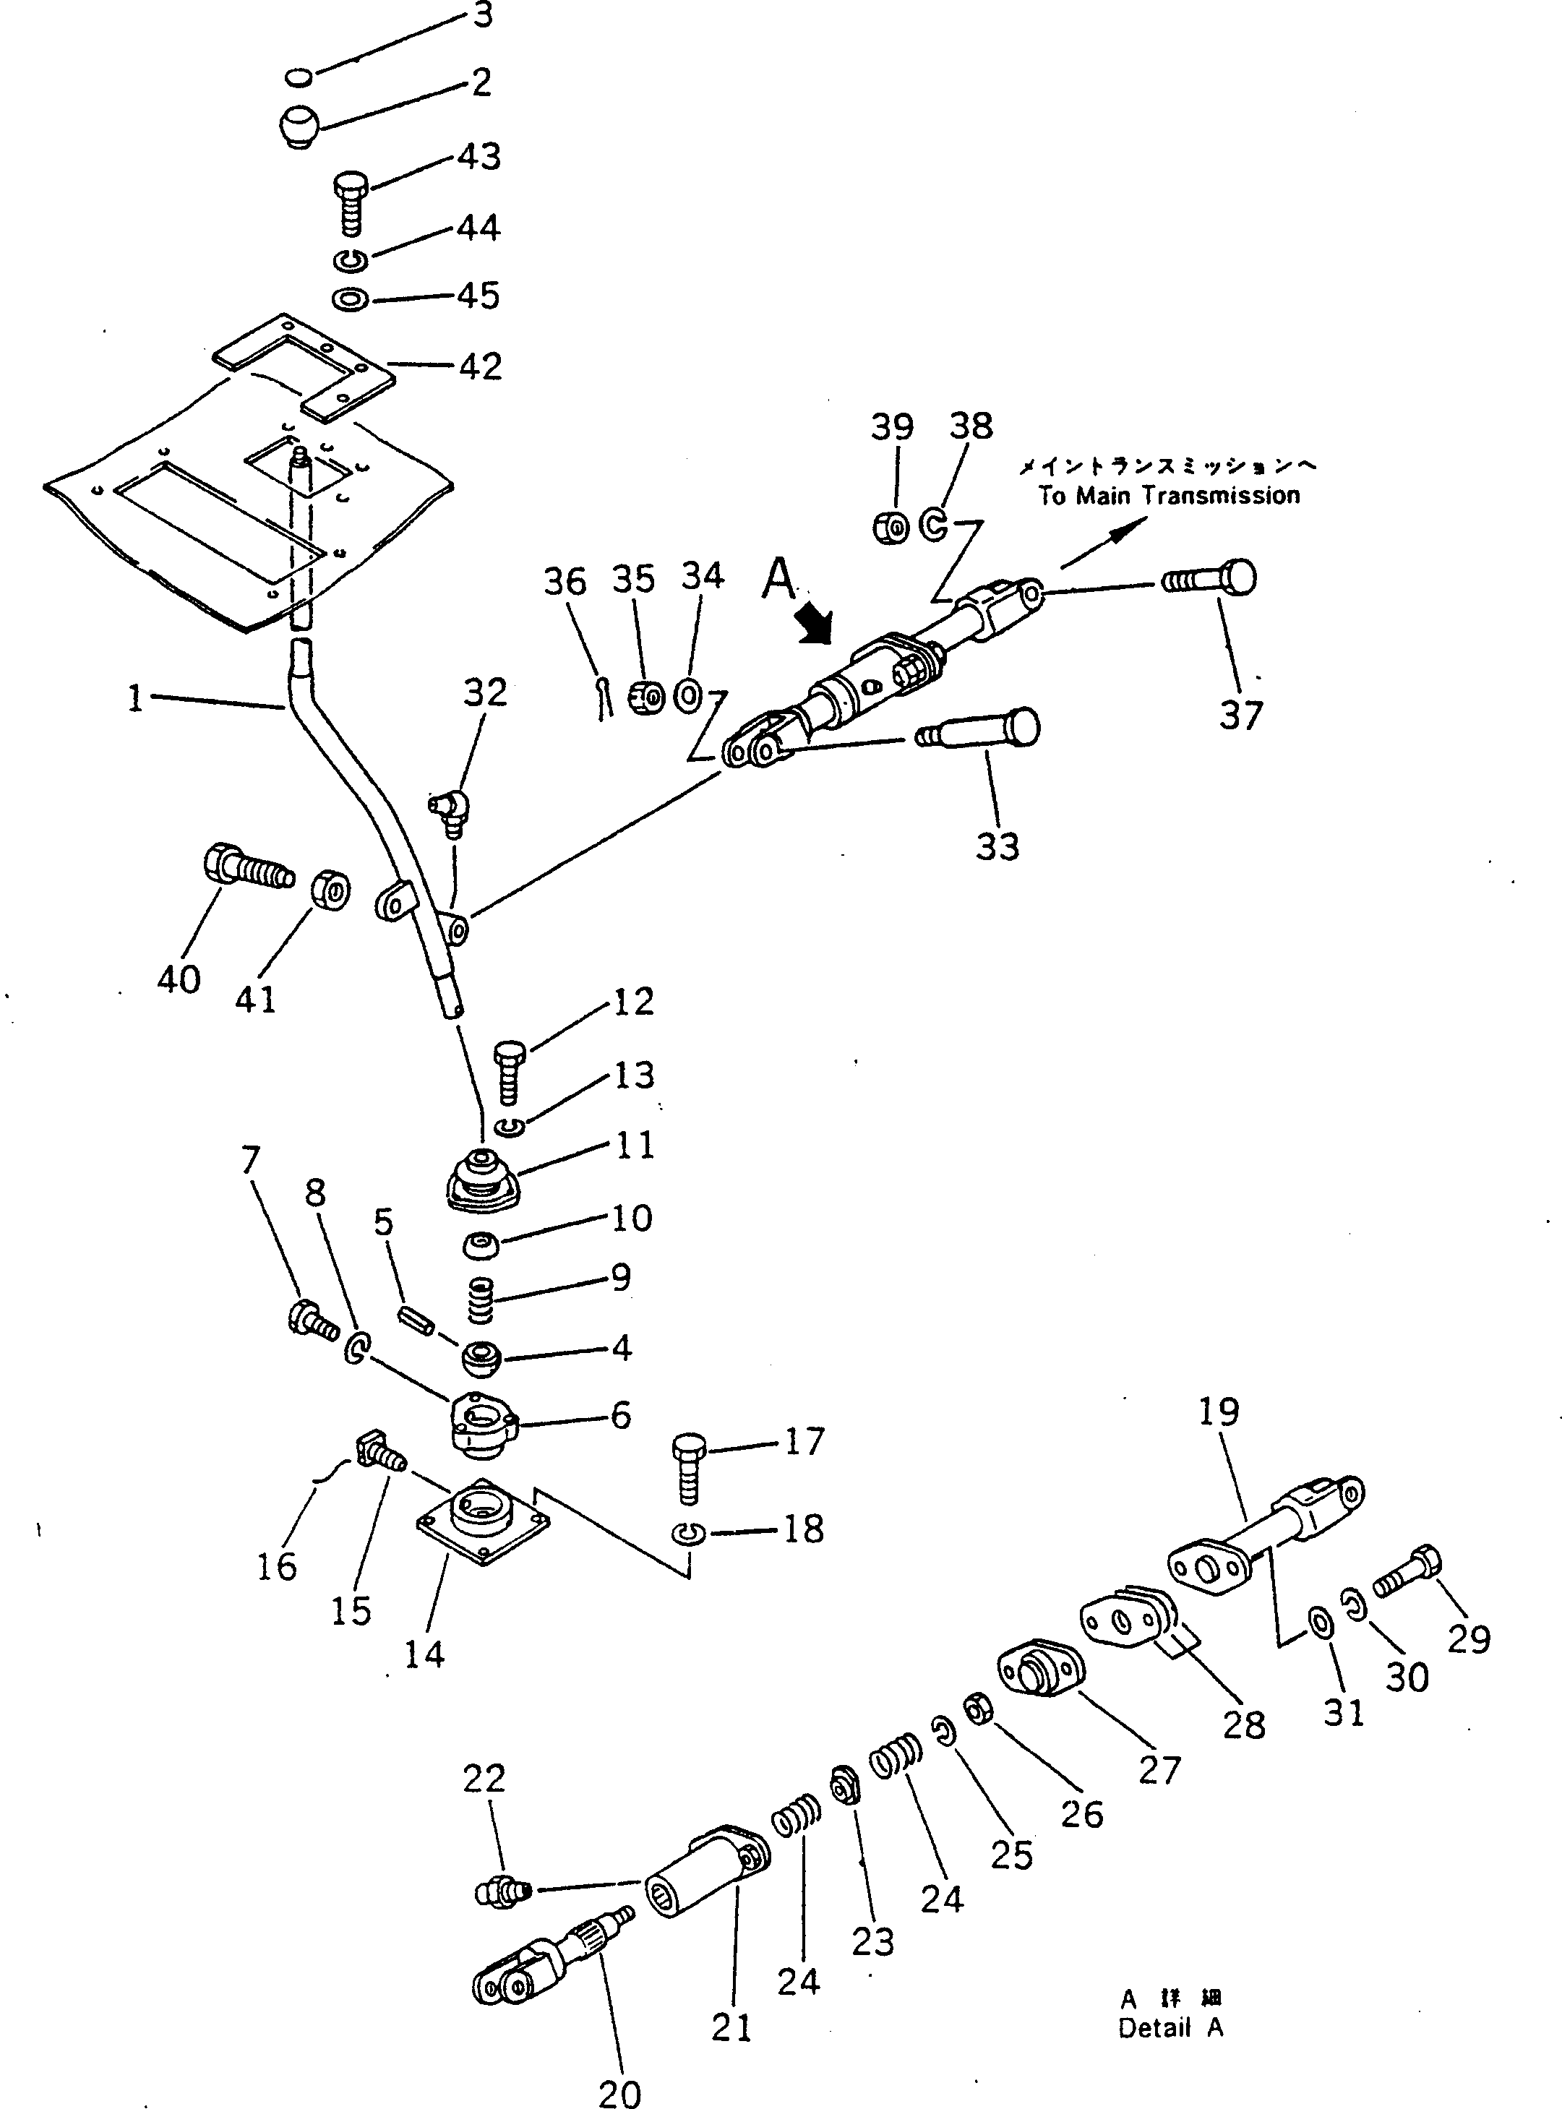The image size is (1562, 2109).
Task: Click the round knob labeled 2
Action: click(301, 126)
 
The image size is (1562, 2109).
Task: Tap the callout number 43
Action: click(479, 156)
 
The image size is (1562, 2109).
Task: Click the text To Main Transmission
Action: click(1169, 495)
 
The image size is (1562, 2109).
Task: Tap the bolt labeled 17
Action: click(688, 1470)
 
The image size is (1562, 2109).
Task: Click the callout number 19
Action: click(1218, 1412)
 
